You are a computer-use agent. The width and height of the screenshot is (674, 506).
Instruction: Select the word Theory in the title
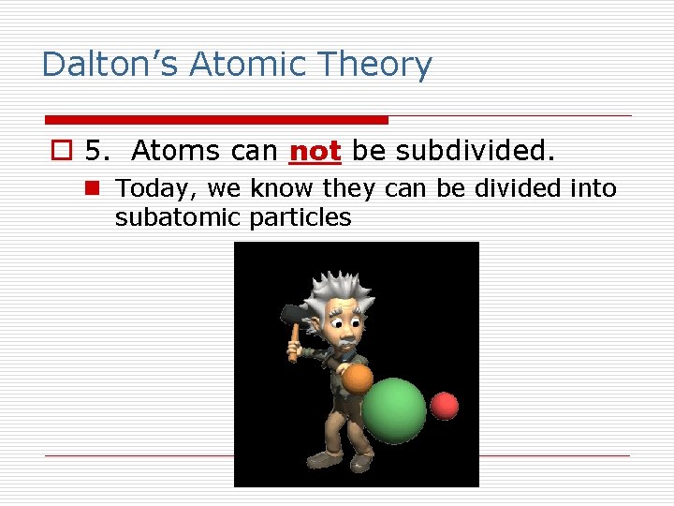pyautogui.click(x=374, y=65)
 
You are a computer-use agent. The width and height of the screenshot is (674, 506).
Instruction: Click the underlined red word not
pyautogui.click(x=315, y=150)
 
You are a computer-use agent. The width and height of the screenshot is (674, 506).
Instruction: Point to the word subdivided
pyautogui.click(x=476, y=150)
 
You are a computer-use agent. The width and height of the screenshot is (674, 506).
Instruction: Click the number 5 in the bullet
pyautogui.click(x=95, y=150)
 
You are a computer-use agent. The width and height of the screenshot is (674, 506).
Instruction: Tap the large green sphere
pyautogui.click(x=394, y=410)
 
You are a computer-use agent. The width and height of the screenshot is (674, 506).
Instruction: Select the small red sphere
pyautogui.click(x=445, y=406)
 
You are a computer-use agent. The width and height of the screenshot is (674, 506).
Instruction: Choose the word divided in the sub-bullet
pyautogui.click(x=517, y=188)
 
